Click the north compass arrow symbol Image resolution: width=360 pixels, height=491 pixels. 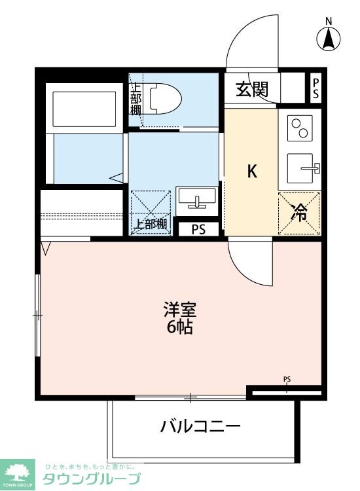(329, 39)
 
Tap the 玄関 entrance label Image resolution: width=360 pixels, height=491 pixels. (252, 88)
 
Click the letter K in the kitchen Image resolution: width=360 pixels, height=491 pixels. (251, 172)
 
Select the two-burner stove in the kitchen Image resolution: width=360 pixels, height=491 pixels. (300, 127)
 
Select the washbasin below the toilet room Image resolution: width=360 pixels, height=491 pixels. (197, 198)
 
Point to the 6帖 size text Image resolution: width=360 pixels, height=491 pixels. (179, 327)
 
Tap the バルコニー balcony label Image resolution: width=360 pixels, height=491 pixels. (201, 427)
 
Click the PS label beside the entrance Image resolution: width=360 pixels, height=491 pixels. (316, 88)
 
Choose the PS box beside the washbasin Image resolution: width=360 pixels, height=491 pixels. (198, 228)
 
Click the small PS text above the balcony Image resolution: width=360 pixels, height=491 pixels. (287, 378)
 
